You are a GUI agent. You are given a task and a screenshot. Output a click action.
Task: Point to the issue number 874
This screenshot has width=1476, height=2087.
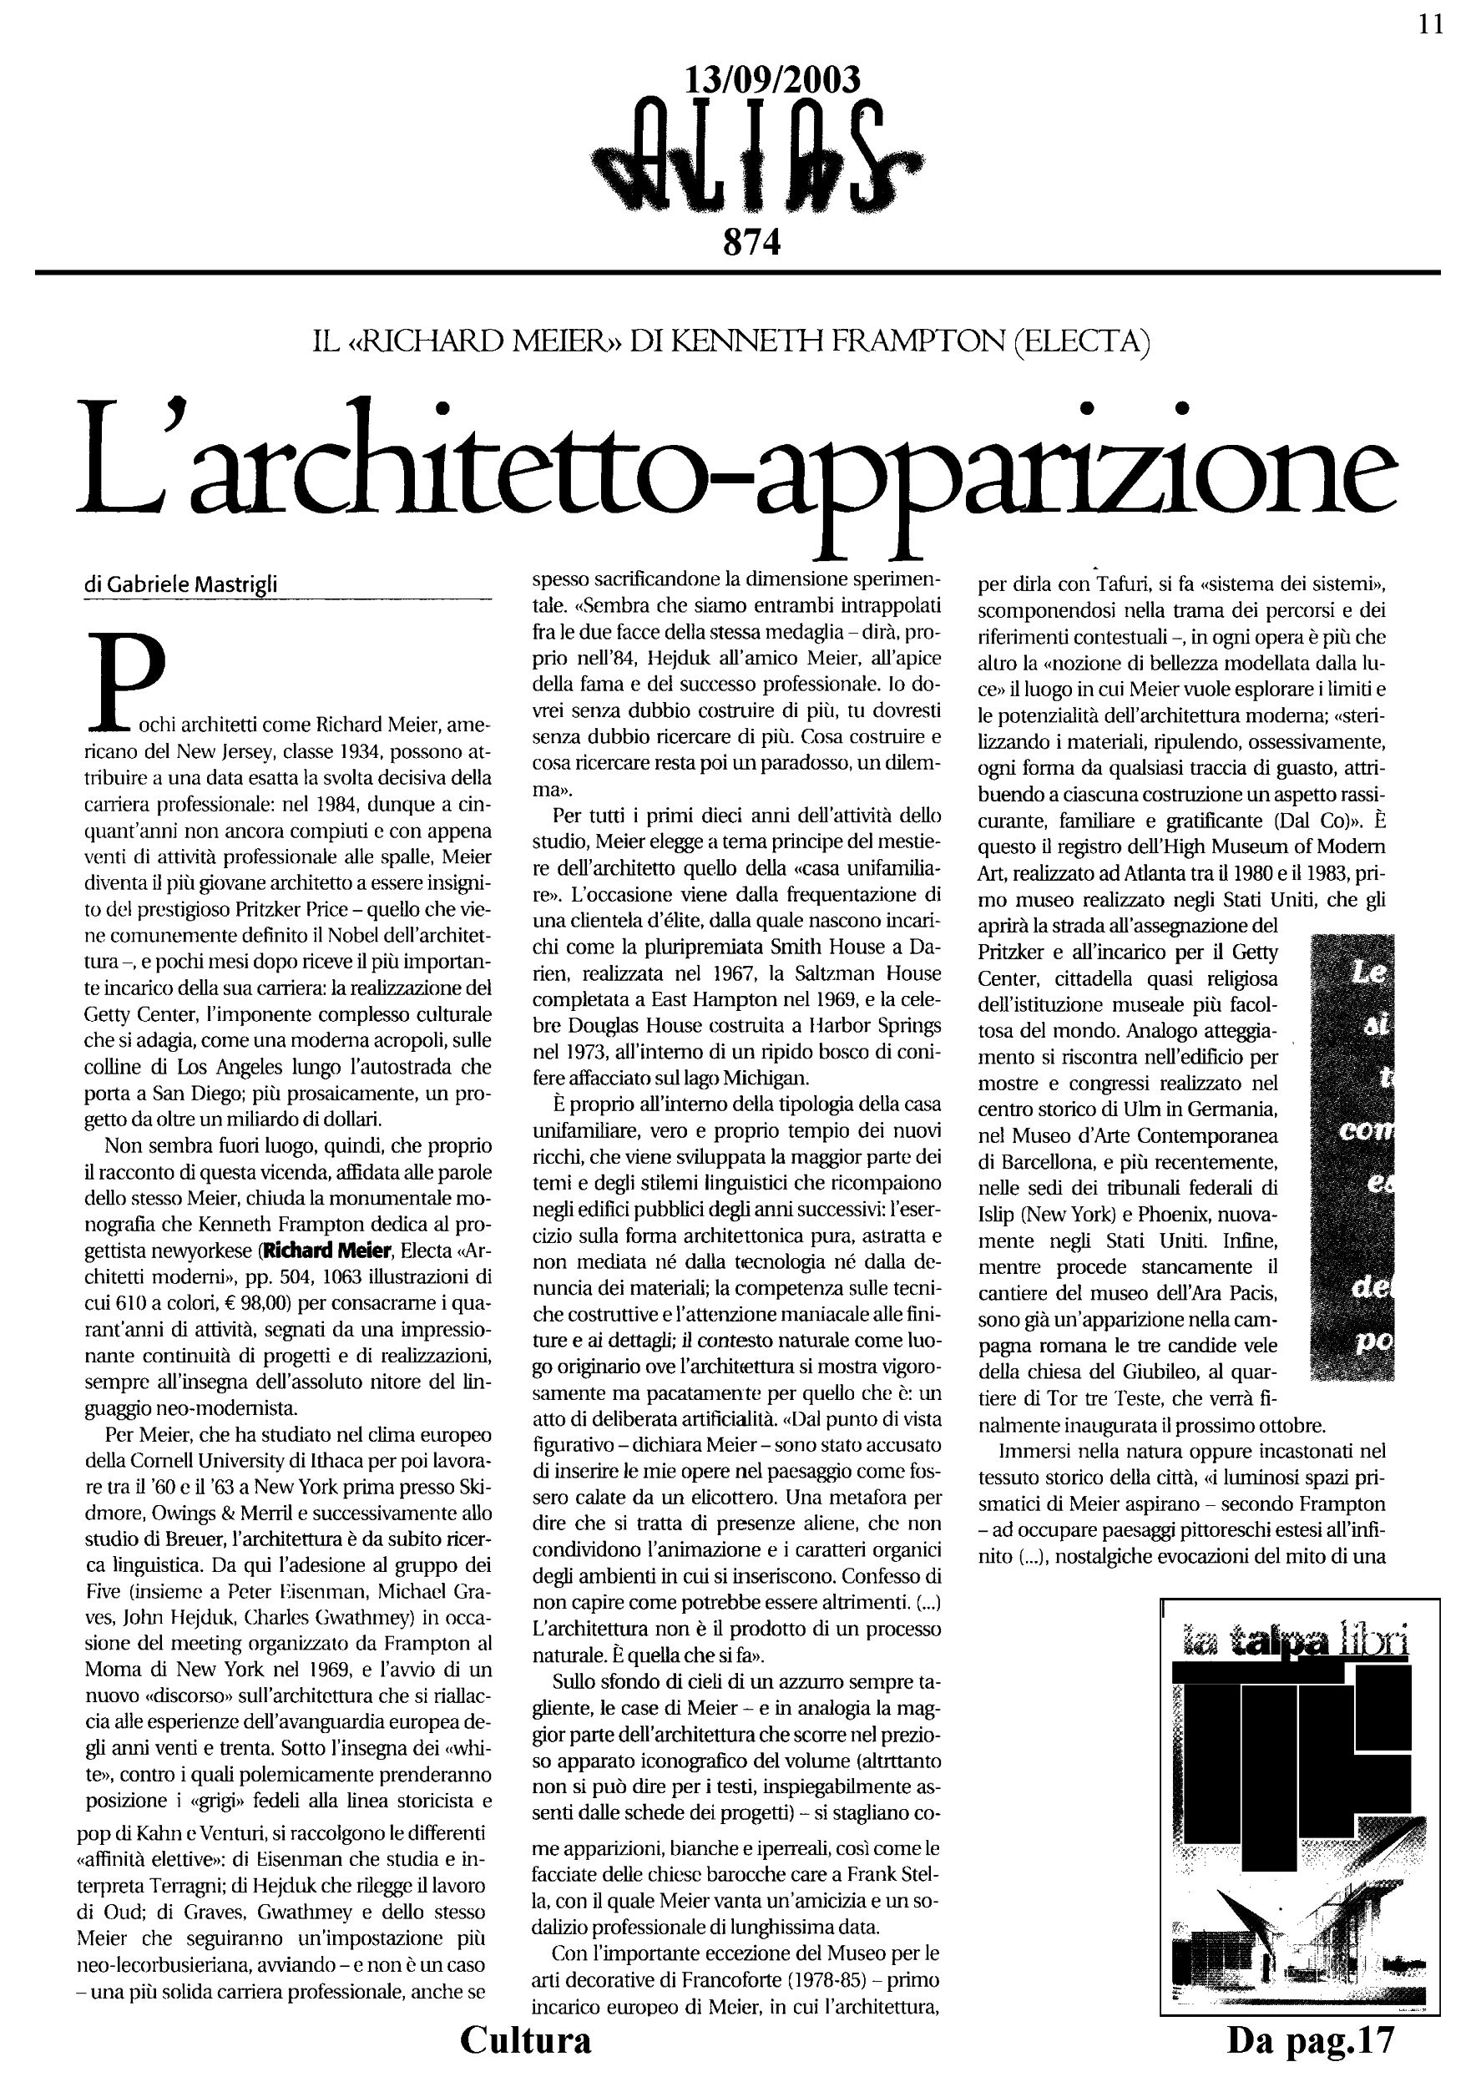(751, 243)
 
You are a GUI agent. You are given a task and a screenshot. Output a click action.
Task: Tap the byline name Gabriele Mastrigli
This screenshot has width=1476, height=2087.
(192, 585)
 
